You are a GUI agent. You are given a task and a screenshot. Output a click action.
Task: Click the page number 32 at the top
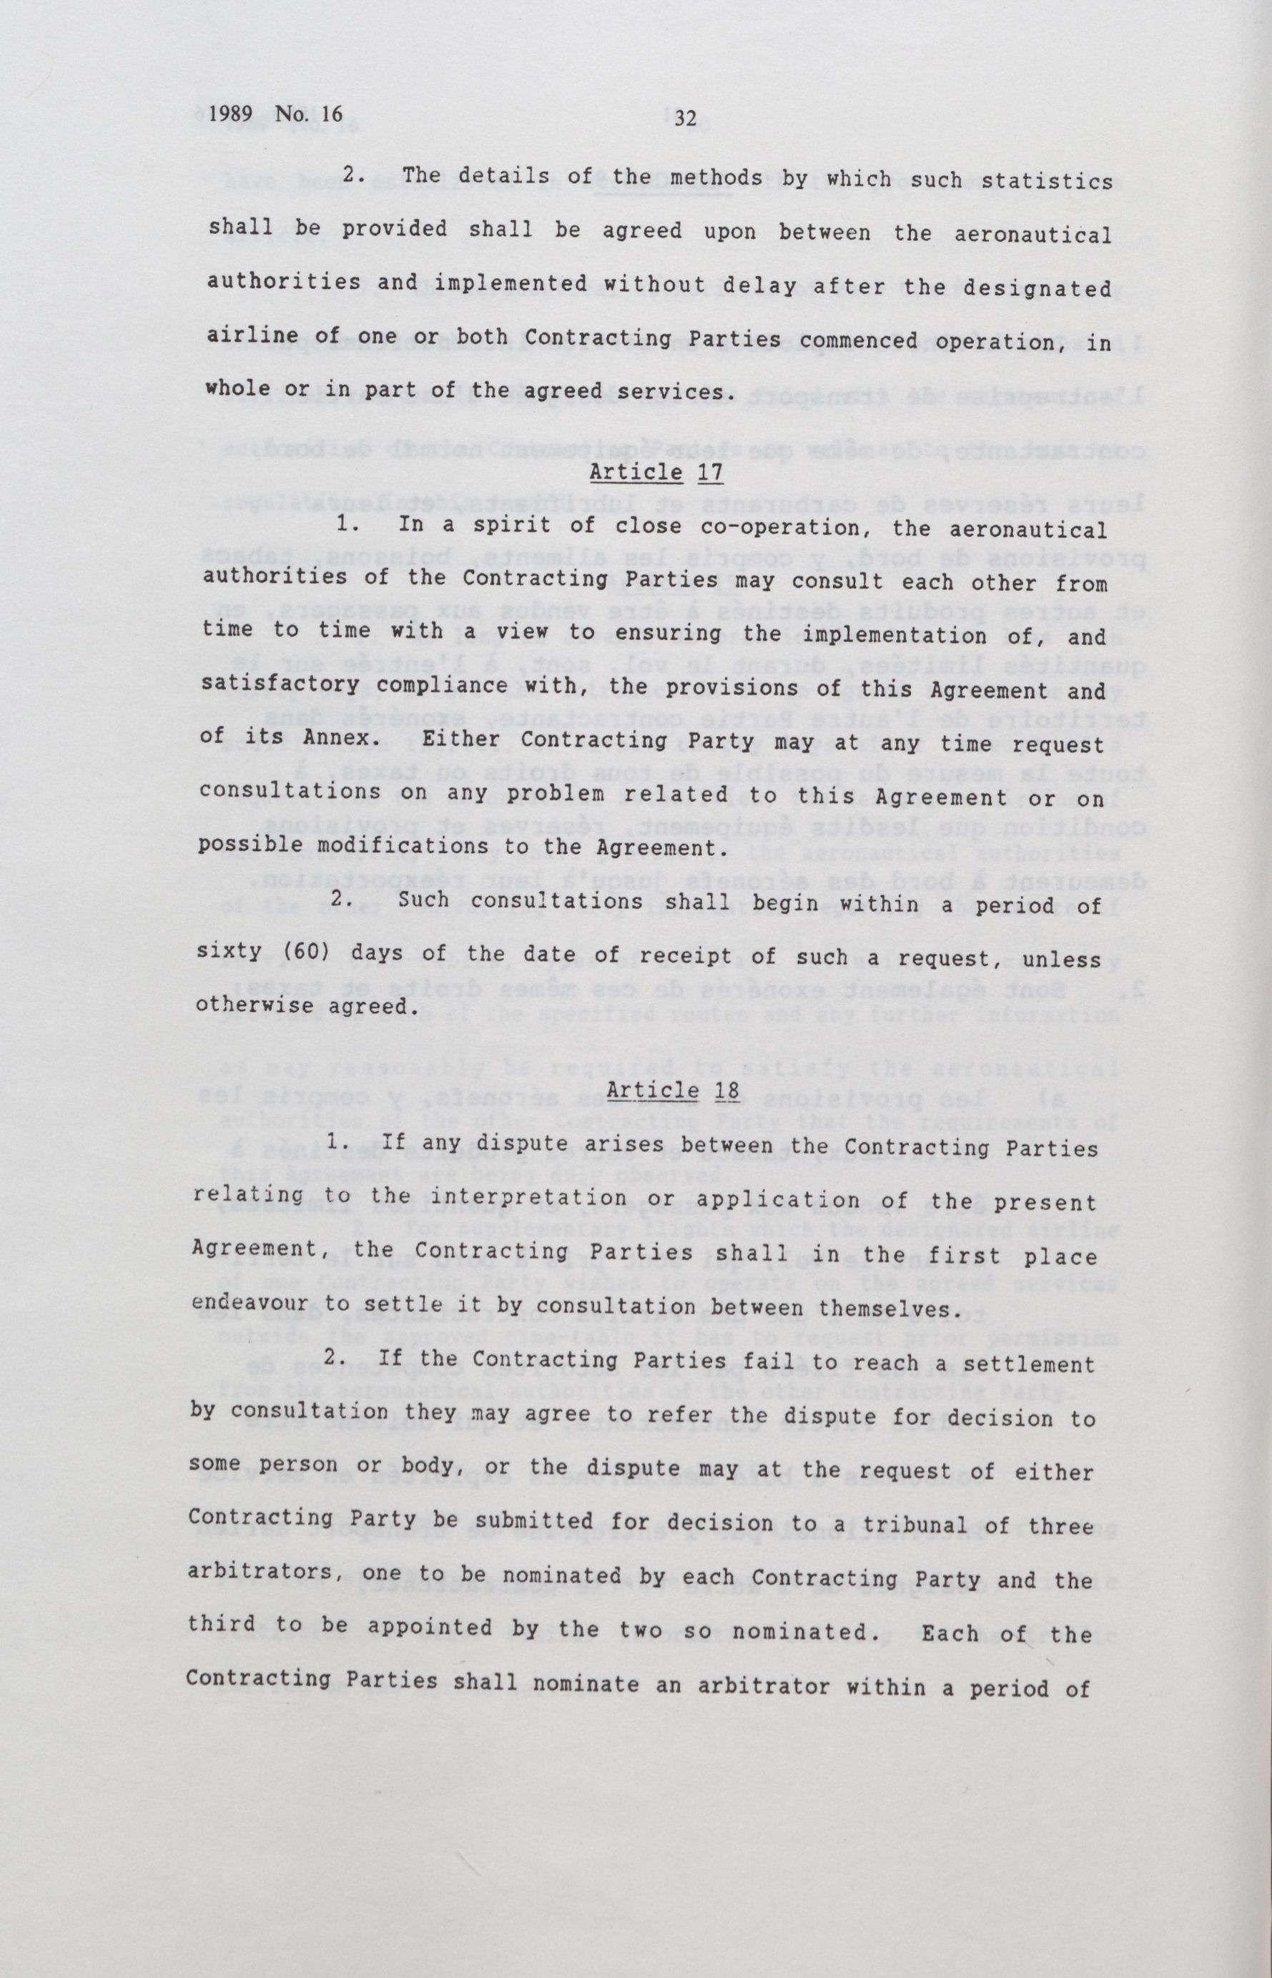(686, 118)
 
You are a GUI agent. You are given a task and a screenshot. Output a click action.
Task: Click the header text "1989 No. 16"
(275, 114)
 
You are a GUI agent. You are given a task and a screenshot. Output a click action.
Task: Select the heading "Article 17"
(656, 473)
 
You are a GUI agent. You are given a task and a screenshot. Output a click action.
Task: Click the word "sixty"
(225, 955)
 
